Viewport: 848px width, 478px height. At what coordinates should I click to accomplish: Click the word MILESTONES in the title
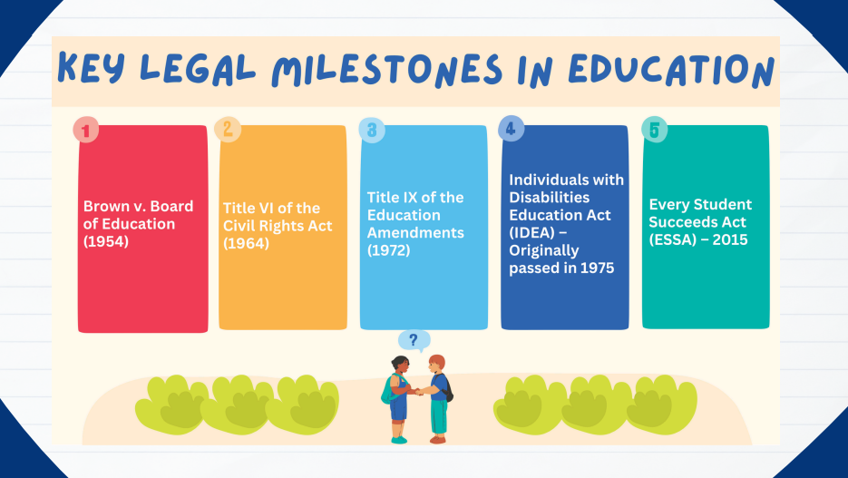pos(386,70)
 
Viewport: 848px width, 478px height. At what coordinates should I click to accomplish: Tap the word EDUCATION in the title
pos(671,70)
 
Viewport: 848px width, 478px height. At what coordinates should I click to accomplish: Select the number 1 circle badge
pos(86,130)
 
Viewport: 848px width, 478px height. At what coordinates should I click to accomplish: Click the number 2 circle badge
pos(228,129)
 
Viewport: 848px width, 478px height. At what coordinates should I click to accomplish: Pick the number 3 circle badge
pos(372,130)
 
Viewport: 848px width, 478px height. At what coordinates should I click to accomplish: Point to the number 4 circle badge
pos(512,129)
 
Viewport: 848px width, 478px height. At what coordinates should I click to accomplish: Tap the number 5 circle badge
pos(655,130)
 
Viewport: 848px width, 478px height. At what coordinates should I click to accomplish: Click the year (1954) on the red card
pos(106,241)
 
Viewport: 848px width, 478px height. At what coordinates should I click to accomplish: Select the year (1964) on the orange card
pos(246,243)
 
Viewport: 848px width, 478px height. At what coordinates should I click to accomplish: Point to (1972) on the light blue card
pos(389,250)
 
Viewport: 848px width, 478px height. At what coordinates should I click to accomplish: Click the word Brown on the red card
pos(103,206)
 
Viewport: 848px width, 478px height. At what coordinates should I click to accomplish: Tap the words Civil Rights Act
pos(278,226)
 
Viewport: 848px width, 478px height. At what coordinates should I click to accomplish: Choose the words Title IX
pos(391,198)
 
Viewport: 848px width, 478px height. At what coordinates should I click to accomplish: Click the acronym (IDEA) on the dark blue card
pos(532,232)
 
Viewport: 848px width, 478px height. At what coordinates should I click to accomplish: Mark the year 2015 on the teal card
pos(730,239)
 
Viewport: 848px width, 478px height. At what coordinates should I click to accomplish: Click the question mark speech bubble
pos(414,341)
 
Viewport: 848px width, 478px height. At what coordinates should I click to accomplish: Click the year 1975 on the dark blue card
pos(597,268)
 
